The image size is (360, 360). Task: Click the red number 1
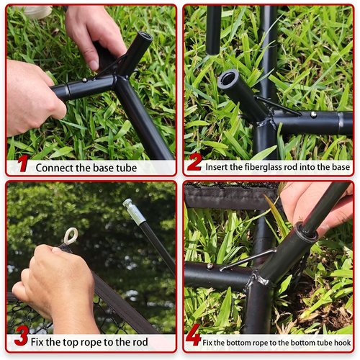coord(23,163)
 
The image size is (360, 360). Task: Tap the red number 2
coord(194,162)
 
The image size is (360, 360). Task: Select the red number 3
coord(22,336)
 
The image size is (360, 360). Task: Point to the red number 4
coord(193,335)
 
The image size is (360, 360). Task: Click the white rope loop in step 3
coord(71,235)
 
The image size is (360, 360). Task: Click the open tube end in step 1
coord(145,37)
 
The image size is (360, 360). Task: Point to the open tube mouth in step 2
coord(228,78)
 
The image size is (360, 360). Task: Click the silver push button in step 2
coord(313,114)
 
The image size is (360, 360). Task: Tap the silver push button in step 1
coord(84,80)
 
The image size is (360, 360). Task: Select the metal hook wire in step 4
coord(247,260)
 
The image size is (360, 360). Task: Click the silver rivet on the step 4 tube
coord(210,266)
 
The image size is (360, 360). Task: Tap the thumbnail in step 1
coord(94,65)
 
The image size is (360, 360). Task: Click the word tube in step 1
coord(127,168)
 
